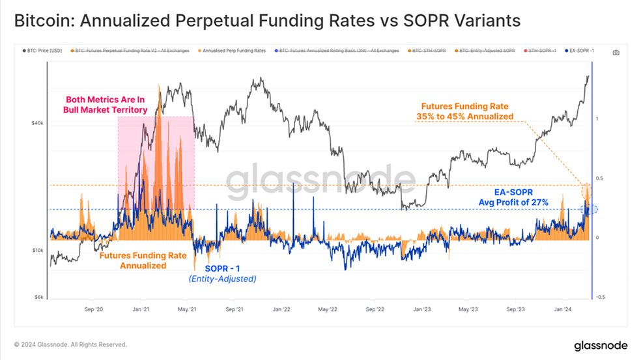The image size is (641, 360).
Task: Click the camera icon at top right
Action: click(616, 51)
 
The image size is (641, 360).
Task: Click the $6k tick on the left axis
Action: click(38, 297)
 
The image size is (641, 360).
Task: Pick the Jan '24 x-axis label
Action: click(563, 310)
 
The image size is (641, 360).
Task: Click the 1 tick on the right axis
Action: click(597, 118)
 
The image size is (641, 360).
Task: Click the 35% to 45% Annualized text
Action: click(464, 117)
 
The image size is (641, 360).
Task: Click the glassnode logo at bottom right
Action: click(600, 344)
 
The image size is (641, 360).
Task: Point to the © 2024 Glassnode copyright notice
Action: click(70, 344)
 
